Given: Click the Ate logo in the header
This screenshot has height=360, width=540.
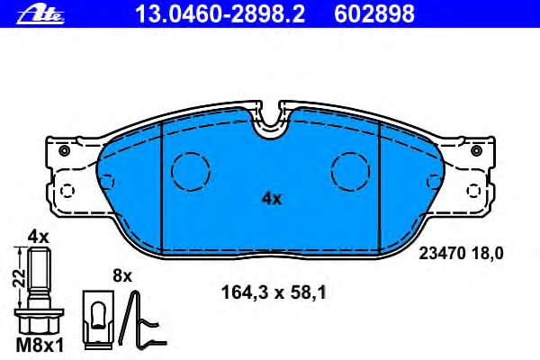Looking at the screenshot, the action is coord(40,14).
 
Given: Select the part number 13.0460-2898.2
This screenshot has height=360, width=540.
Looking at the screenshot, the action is coord(220,14).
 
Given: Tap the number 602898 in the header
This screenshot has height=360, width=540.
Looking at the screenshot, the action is coord(374,14).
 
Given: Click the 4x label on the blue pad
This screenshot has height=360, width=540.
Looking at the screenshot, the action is coord(272,199).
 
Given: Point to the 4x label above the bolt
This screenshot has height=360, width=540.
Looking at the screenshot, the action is coord(38,237).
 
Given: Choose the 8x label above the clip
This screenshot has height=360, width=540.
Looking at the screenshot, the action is coord(122,276).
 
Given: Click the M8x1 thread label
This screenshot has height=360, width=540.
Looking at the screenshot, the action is coord(40,346).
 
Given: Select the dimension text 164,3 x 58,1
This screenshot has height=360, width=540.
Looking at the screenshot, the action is coord(274,293).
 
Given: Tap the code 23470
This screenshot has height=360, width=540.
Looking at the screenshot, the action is coord(442,254).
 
